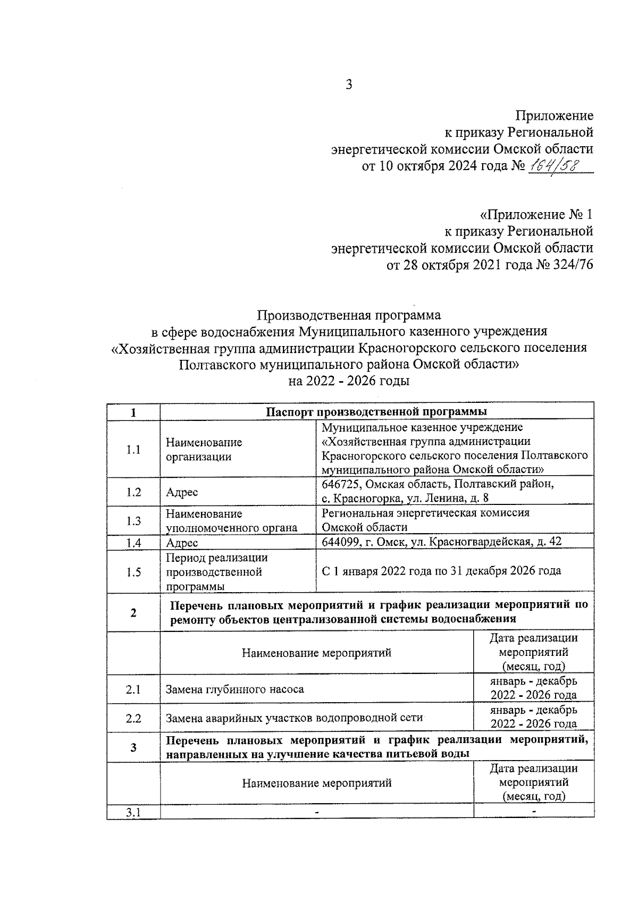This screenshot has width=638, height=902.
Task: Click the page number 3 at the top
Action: (x=349, y=85)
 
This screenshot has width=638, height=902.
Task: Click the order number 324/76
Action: (x=574, y=265)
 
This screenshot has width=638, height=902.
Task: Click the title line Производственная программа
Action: (x=349, y=315)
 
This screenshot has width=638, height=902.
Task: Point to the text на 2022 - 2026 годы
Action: (x=349, y=381)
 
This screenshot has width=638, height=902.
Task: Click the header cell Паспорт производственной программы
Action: (x=376, y=412)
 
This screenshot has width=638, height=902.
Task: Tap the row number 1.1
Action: (x=133, y=450)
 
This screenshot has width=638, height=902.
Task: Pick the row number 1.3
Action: (x=133, y=521)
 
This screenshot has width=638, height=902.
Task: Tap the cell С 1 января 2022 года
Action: (x=441, y=571)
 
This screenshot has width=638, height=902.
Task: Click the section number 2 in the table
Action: (x=133, y=612)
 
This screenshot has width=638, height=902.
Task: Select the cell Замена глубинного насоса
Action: (x=235, y=689)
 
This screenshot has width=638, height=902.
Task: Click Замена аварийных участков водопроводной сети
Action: (x=293, y=719)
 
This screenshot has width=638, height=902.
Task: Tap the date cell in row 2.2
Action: (x=533, y=717)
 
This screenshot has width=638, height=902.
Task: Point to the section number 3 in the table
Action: (x=133, y=747)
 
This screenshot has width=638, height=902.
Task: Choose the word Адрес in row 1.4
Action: (x=182, y=543)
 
